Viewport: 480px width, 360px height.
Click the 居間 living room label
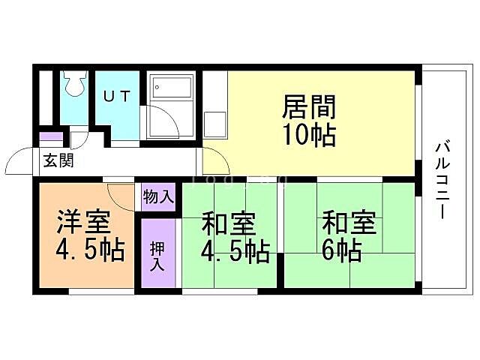click(x=308, y=108)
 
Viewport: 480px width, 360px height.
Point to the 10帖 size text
click(x=308, y=135)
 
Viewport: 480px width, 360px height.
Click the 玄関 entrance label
click(x=57, y=160)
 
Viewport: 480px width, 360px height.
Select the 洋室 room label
click(x=83, y=223)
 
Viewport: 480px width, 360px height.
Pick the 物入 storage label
click(x=158, y=198)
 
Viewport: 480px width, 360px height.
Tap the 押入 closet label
click(x=157, y=256)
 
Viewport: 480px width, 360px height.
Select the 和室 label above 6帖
click(x=349, y=223)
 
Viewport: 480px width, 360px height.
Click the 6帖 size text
click(x=343, y=250)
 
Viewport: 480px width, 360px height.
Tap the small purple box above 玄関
click(x=51, y=138)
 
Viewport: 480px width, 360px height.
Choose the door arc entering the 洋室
click(x=120, y=196)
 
